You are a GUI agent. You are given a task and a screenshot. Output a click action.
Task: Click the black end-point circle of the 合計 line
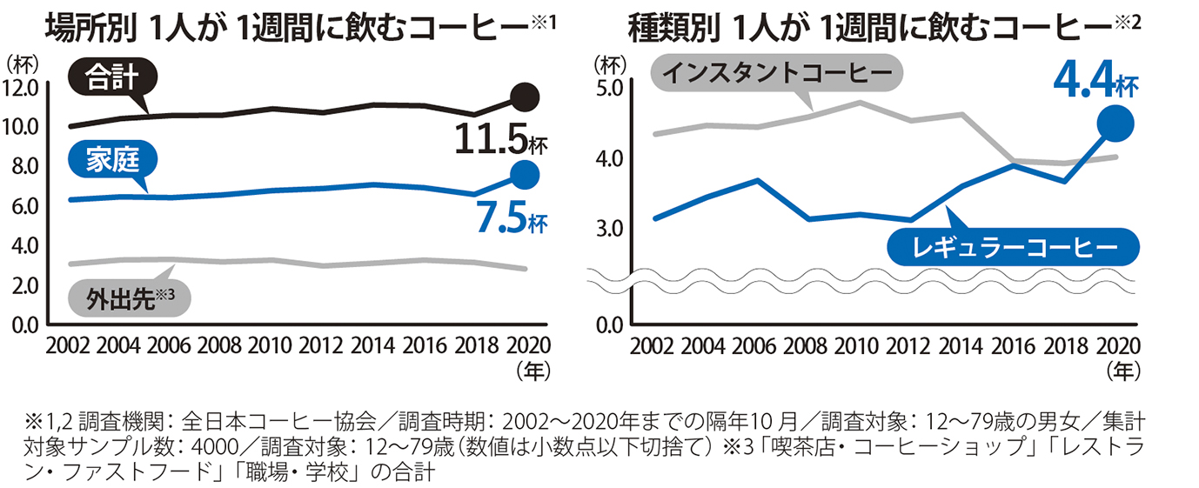(525, 97)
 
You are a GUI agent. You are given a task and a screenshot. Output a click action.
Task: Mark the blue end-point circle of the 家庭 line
(524, 175)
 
